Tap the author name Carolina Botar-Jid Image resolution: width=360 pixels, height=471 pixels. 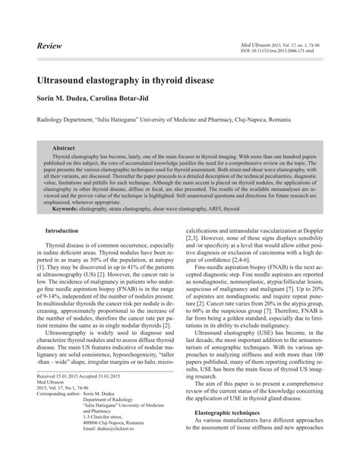(133, 98)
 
